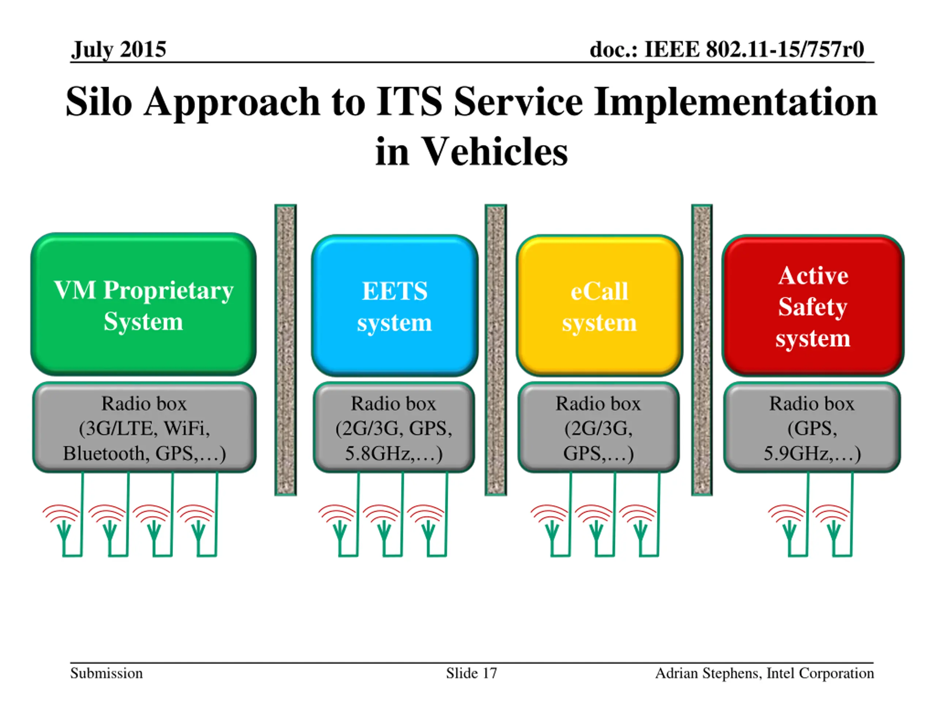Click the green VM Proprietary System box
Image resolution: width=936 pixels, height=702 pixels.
143,304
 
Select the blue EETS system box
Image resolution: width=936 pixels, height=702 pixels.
395,306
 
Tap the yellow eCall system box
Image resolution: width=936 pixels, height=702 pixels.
599,306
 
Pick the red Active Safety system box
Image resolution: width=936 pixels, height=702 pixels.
813,306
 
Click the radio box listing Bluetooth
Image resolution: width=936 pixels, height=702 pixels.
144,427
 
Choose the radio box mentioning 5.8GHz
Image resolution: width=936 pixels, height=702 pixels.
394,427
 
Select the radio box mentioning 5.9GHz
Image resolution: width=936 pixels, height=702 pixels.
812,427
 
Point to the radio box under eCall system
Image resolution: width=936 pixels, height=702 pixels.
599,427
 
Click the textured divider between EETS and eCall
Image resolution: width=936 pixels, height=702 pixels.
495,350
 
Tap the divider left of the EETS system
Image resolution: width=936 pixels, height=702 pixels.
286,350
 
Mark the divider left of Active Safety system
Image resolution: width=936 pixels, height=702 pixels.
702,350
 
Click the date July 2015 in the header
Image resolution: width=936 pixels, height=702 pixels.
118,49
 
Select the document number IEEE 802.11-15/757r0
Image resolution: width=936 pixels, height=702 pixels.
755,49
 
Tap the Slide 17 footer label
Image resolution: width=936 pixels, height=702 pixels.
471,673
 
